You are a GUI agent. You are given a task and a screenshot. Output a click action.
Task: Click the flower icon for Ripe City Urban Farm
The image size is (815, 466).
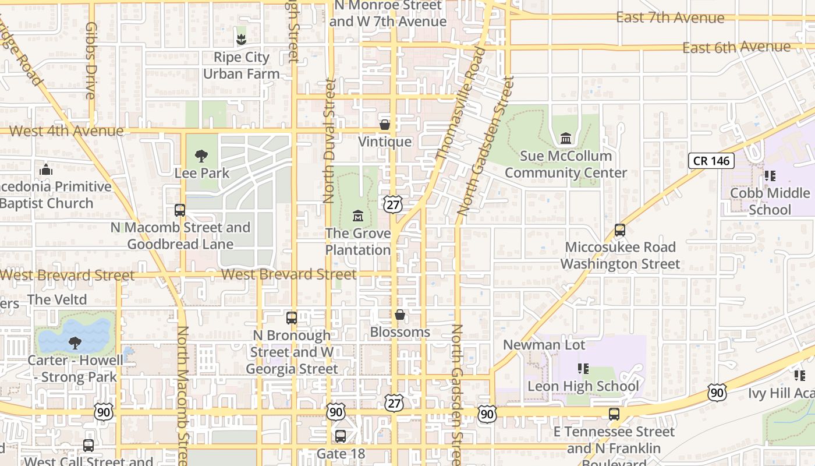point(241,39)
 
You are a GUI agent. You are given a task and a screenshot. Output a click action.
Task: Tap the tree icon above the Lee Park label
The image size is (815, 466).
point(201,156)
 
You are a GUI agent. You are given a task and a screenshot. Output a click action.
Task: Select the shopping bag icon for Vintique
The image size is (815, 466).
point(384,124)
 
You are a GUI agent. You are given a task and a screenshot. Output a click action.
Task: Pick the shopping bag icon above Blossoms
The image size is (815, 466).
point(400,315)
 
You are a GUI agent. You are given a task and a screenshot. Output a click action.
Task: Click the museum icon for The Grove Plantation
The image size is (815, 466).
point(357,216)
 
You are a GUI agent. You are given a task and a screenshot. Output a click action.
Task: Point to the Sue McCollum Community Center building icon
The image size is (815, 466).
point(565,138)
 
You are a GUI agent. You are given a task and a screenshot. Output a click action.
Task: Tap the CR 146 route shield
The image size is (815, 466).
point(711,161)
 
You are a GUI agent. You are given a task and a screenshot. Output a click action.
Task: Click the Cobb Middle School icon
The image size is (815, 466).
point(770,175)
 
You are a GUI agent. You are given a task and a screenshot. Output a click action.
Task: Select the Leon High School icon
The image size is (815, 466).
point(583,368)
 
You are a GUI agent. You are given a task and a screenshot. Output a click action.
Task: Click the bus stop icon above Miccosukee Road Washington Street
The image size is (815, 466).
point(620,230)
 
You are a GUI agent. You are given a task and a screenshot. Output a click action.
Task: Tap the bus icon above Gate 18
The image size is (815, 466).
point(341,436)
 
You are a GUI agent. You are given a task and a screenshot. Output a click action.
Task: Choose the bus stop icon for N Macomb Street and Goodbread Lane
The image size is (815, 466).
point(180,210)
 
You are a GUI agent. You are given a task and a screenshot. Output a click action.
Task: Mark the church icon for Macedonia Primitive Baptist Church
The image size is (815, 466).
point(45,170)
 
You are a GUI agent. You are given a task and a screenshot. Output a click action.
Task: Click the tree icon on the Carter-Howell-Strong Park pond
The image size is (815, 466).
point(75,343)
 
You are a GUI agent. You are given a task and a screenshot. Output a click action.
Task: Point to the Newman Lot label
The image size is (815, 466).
point(544,344)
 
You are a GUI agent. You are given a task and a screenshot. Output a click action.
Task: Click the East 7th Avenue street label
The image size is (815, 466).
point(670,17)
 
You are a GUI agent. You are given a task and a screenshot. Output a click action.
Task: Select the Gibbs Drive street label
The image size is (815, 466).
point(90,68)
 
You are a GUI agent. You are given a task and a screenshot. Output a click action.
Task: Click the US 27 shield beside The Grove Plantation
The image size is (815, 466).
point(392,204)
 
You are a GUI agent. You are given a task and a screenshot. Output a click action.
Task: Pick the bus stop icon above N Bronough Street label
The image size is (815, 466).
point(292,318)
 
